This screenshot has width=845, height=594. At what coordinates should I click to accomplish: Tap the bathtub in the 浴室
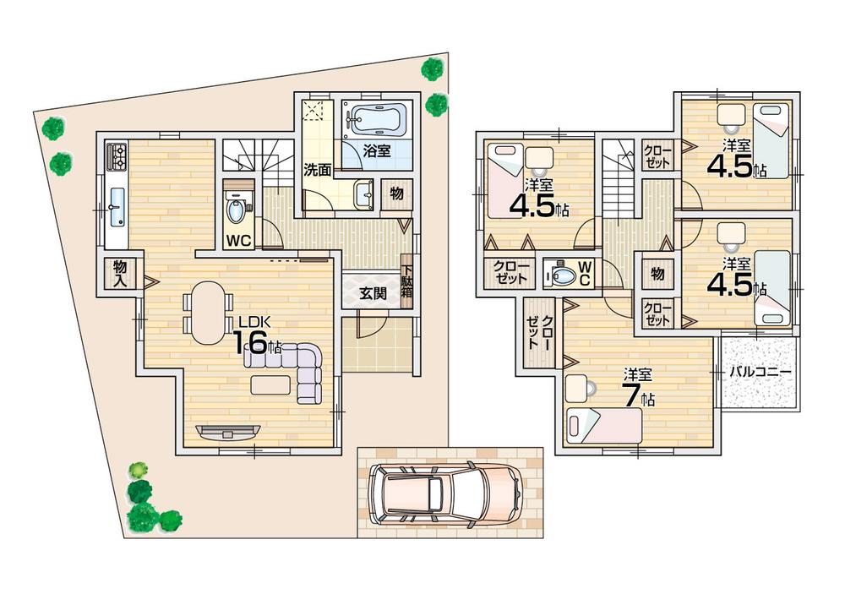(x=377, y=122)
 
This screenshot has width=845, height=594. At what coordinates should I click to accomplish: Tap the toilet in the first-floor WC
(x=237, y=208)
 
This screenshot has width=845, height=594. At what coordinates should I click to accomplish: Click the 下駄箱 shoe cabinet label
(x=406, y=281)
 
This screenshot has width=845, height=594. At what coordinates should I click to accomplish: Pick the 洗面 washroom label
(x=318, y=169)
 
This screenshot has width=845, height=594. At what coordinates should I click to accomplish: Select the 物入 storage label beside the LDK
(x=119, y=274)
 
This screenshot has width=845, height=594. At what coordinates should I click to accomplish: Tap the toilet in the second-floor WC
(x=560, y=275)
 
